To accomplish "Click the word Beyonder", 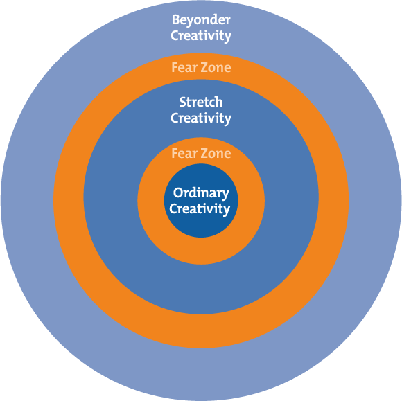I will pyautogui.click(x=201, y=20).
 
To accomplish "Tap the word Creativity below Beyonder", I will pyautogui.click(x=201, y=36).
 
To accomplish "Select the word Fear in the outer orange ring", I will pyautogui.click(x=184, y=68).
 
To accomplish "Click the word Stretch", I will pyautogui.click(x=201, y=103).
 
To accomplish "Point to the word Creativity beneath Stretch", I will pyautogui.click(x=201, y=118).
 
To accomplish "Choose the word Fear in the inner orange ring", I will pyautogui.click(x=184, y=153).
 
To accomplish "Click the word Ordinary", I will pyautogui.click(x=201, y=193).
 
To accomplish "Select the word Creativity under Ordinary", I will pyautogui.click(x=201, y=208).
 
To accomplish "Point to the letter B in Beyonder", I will pyautogui.click(x=175, y=20).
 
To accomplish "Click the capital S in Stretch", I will pyautogui.click(x=182, y=103).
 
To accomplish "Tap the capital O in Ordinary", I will pyautogui.click(x=177, y=193).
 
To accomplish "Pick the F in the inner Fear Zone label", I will pyautogui.click(x=175, y=153).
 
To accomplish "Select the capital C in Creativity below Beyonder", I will pyautogui.click(x=174, y=36).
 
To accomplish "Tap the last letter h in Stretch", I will pyautogui.click(x=220, y=103).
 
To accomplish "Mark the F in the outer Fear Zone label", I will pyautogui.click(x=175, y=68).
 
